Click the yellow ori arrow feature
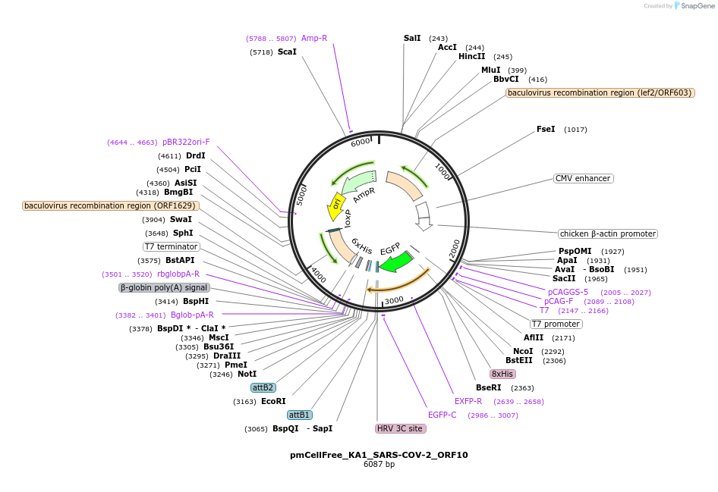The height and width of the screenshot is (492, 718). (335, 204)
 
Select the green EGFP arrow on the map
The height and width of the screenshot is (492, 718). (395, 262)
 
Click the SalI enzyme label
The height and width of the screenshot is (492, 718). (412, 38)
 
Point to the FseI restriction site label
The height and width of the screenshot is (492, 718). (546, 129)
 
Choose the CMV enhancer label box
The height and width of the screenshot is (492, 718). (583, 178)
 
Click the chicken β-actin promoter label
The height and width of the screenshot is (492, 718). (607, 233)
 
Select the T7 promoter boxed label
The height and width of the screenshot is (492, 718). (556, 324)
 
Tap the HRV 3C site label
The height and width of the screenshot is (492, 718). (401, 428)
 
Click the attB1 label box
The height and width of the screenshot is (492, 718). (299, 415)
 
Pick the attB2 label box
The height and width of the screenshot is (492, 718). (263, 387)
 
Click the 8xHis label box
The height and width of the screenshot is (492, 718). (502, 374)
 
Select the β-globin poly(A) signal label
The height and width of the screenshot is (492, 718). (164, 287)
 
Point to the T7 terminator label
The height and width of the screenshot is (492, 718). (172, 246)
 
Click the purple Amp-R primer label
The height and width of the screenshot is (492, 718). (314, 38)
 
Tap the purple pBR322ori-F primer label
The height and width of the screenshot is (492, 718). (186, 142)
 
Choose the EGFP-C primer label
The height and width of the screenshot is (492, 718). (442, 415)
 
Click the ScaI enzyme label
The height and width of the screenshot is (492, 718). (287, 52)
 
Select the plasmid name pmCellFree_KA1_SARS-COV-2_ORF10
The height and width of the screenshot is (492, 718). (379, 455)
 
